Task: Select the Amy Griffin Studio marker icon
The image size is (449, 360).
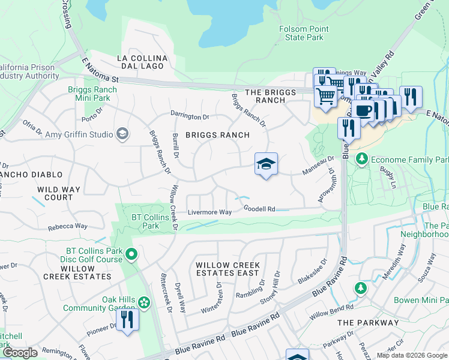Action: click(x=123, y=133)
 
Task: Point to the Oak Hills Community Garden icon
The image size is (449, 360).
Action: click(x=144, y=301)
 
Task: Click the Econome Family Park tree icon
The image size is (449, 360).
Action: click(x=361, y=160)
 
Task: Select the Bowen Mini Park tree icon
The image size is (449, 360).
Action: click(x=361, y=287)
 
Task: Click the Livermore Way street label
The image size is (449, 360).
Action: click(x=209, y=212)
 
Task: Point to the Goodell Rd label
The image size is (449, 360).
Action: click(x=259, y=209)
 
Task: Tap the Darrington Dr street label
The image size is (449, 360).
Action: click(x=189, y=116)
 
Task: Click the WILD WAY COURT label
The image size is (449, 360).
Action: click(x=59, y=193)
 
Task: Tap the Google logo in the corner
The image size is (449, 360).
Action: click(x=19, y=353)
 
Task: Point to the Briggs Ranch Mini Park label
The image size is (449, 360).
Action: click(x=92, y=94)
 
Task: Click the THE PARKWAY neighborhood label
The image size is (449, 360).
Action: click(x=368, y=322)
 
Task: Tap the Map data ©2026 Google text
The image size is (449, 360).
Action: click(x=411, y=355)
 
